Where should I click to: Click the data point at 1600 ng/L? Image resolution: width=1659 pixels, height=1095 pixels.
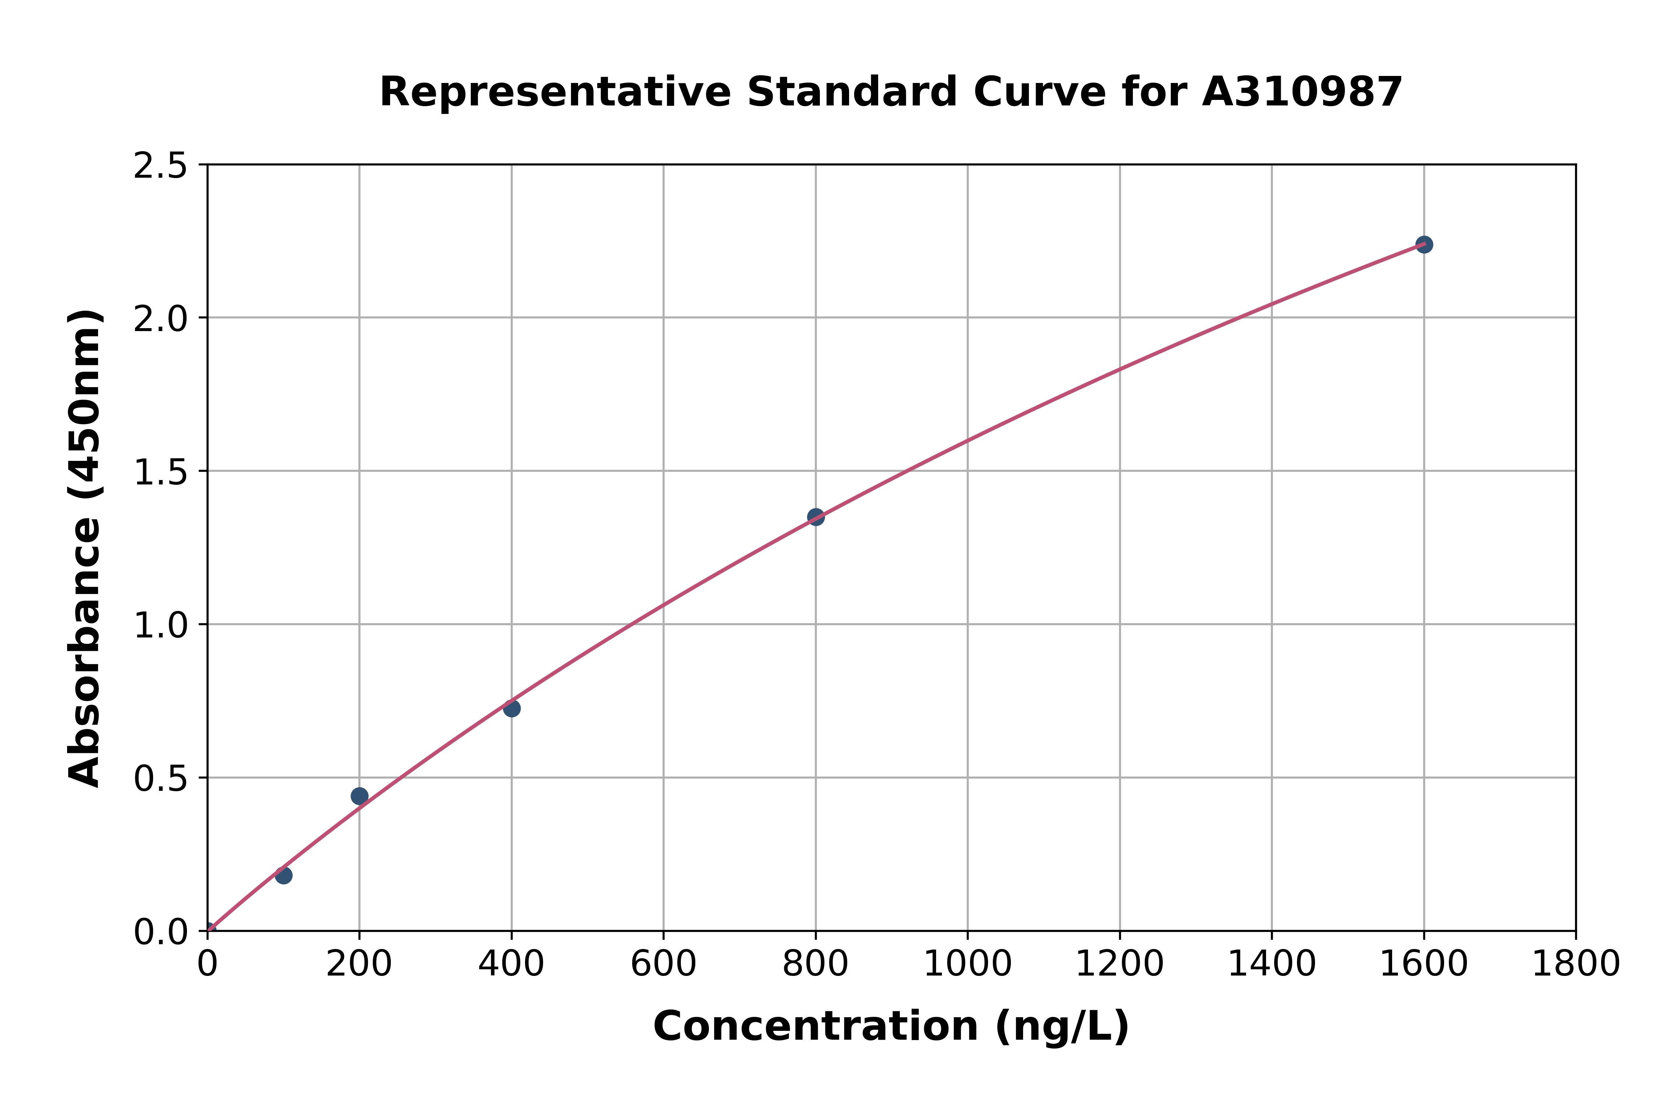[x=1424, y=244]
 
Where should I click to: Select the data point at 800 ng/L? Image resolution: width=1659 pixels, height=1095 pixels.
[x=815, y=517]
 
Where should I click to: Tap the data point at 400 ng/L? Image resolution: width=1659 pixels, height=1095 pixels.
[x=512, y=708]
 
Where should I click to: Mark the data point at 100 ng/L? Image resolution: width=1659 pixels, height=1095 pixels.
[x=284, y=875]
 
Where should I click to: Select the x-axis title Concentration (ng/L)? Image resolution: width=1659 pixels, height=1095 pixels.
[x=891, y=1026]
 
